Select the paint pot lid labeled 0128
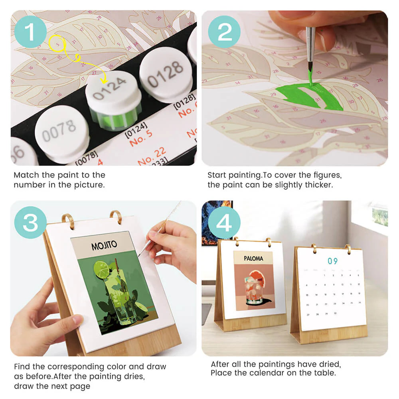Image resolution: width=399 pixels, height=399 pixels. pyautogui.click(x=166, y=74)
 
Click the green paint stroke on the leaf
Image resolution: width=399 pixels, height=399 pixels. pyautogui.click(x=315, y=98)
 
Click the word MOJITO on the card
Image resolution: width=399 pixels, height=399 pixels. pyautogui.click(x=105, y=246)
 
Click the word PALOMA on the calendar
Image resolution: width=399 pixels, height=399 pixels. pyautogui.click(x=254, y=259)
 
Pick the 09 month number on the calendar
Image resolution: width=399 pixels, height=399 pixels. pyautogui.click(x=332, y=261)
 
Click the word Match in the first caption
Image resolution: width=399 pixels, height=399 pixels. pyautogui.click(x=24, y=175)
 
